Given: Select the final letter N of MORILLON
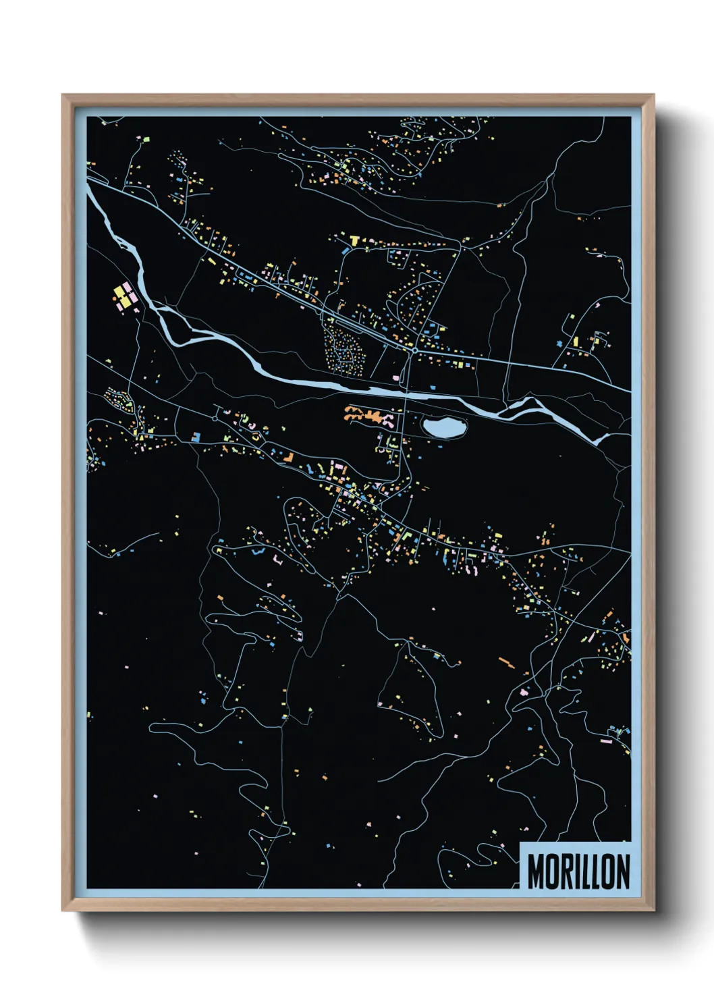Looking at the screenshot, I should pyautogui.click(x=622, y=871).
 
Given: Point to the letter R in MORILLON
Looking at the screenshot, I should pyautogui.click(x=566, y=871).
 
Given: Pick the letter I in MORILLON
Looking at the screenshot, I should pyautogui.click(x=577, y=871).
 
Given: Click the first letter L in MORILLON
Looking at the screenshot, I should pyautogui.click(x=586, y=871).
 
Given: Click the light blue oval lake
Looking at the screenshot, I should pyautogui.click(x=444, y=427).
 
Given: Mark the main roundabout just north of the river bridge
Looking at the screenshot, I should pyautogui.click(x=413, y=351).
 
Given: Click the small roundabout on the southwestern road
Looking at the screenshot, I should pyautogui.click(x=215, y=418).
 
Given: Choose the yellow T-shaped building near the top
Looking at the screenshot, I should pyautogui.click(x=354, y=240).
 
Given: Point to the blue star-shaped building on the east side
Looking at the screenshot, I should pyautogui.click(x=559, y=344).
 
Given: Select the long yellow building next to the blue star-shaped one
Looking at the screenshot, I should pyautogui.click(x=576, y=342).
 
